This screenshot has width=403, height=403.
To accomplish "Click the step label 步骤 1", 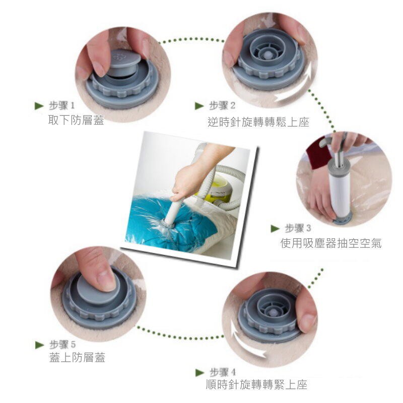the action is [x=61, y=105].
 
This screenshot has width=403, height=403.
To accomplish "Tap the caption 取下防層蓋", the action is [x=76, y=120].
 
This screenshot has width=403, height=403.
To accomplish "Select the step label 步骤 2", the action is [x=222, y=105].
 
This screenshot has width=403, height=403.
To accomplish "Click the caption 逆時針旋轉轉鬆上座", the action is [x=258, y=122].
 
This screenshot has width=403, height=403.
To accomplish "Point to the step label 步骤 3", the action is [x=298, y=228].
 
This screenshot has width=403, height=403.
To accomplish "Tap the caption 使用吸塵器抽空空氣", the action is [x=331, y=243].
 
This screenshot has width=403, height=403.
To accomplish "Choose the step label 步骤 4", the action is [x=223, y=372].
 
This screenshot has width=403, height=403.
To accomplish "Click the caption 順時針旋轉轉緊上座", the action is [x=256, y=385].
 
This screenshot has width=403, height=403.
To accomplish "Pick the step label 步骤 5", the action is [x=62, y=344].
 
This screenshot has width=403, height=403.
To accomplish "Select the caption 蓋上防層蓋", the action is [x=77, y=358].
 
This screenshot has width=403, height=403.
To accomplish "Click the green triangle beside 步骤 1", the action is [x=39, y=106].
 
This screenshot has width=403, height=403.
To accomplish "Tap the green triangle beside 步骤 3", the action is [x=275, y=229].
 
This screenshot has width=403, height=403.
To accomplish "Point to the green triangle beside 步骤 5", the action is [x=40, y=345].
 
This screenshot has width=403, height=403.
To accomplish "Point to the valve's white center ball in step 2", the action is [x=268, y=54].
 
